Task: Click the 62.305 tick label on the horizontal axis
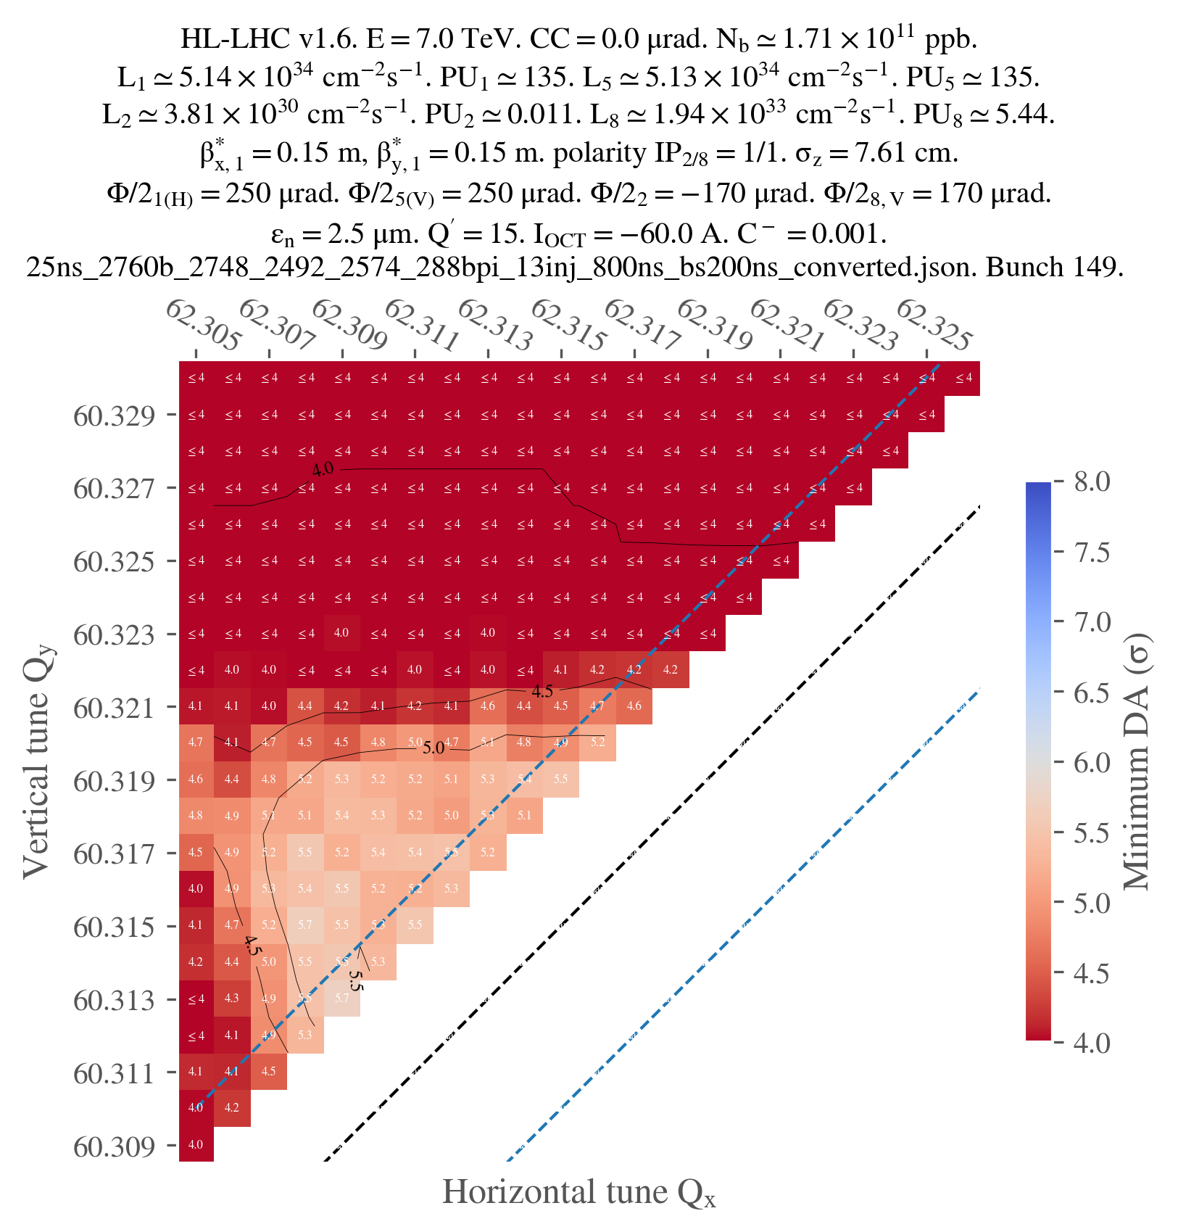(203, 325)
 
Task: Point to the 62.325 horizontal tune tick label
(934, 325)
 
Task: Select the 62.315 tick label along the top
(568, 325)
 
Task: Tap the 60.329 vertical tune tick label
(114, 416)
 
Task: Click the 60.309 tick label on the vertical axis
(114, 1146)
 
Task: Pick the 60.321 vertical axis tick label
(114, 708)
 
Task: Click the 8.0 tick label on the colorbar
(1092, 481)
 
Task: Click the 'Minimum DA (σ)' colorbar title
(1137, 761)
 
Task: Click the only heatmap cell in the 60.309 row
(196, 1144)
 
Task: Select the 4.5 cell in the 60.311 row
(268, 1071)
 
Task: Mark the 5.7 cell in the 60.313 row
(341, 999)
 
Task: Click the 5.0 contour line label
(434, 748)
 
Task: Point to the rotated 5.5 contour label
(354, 980)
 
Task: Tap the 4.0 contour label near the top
(323, 470)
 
